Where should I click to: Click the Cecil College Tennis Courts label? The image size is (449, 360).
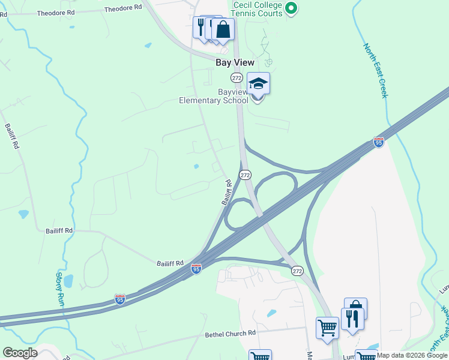pyautogui.click(x=257, y=8)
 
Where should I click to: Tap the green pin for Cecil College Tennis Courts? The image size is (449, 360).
pyautogui.click(x=291, y=8)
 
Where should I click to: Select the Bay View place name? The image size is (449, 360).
pyautogui.click(x=235, y=62)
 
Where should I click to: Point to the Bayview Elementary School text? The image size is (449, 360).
pyautogui.click(x=214, y=97)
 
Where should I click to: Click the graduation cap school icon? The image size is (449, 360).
pyautogui.click(x=258, y=84)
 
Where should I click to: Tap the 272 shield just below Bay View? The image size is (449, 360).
pyautogui.click(x=237, y=78)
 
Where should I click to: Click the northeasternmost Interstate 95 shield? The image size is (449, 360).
pyautogui.click(x=378, y=142)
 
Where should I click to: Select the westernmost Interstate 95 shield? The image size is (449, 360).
pyautogui.click(x=120, y=299)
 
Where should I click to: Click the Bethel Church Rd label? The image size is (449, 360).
pyautogui.click(x=231, y=334)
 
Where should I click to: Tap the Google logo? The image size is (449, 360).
pyautogui.click(x=20, y=353)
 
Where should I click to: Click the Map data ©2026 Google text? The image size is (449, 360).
pyautogui.click(x=412, y=355)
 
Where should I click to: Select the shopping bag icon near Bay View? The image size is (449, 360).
pyautogui.click(x=223, y=29)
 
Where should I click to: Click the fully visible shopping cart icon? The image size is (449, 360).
pyautogui.click(x=328, y=328)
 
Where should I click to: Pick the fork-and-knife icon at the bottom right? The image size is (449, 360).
pyautogui.click(x=352, y=318)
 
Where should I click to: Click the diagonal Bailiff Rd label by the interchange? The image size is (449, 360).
pyautogui.click(x=226, y=192)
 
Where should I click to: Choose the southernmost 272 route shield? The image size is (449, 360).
pyautogui.click(x=298, y=271)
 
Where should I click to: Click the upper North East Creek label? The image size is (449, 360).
pyautogui.click(x=376, y=71)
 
